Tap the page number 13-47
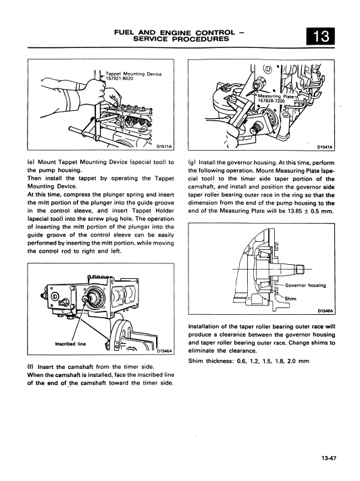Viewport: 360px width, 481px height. [329, 459]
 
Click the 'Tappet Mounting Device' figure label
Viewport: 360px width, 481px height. [133, 74]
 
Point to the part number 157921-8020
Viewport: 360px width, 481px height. [118, 78]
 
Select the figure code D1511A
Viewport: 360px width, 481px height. [164, 147]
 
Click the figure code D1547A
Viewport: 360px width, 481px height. [325, 147]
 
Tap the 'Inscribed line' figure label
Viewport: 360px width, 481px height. [70, 344]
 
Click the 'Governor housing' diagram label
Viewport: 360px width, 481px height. [305, 285]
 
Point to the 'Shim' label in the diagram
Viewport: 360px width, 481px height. [290, 299]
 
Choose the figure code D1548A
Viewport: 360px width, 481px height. [325, 311]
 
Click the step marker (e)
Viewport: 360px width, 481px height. [31, 162]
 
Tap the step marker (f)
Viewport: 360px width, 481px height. [30, 367]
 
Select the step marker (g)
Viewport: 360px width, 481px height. [192, 163]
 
